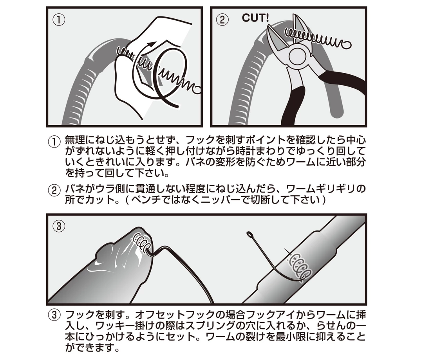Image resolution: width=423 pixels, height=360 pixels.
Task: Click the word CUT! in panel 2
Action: pos(255,18)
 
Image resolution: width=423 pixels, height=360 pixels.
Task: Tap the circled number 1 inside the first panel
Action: pos(58,20)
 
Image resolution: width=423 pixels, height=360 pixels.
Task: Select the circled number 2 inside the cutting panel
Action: pos(222,20)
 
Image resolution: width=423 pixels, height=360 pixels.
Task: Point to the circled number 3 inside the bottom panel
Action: pos(58,225)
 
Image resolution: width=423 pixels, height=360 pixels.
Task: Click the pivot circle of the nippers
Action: pos(298,56)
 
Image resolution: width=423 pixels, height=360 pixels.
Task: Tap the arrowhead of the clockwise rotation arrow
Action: pos(152,44)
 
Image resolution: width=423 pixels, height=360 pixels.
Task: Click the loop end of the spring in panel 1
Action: pos(198,90)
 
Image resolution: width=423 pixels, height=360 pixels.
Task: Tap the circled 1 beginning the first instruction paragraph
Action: pos(54,142)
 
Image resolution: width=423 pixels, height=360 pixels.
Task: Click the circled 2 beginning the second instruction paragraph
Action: pos(54,190)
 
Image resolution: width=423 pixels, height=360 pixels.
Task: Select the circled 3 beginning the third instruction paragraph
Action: pos(54,315)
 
